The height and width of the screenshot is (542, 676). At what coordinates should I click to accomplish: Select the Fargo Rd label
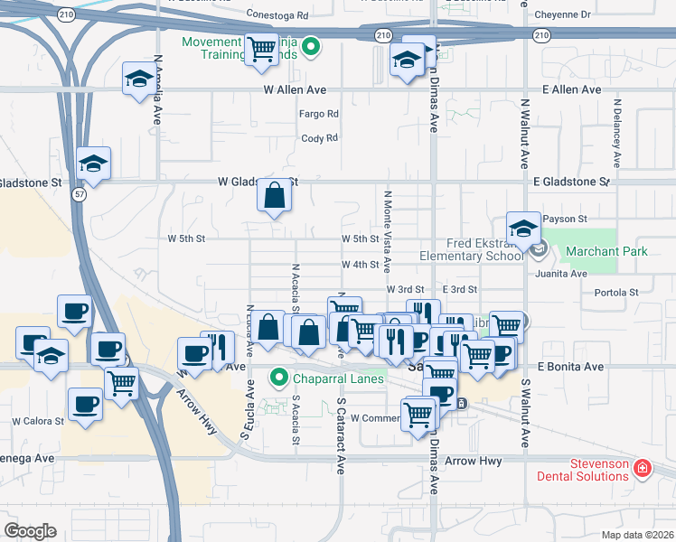point(319,115)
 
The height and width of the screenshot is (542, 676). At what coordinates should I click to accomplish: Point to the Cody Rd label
point(319,138)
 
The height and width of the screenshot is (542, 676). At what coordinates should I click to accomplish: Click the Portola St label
point(616,293)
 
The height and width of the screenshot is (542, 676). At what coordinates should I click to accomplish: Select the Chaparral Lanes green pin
point(279,378)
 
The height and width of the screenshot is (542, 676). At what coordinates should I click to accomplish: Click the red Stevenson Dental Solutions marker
point(642,469)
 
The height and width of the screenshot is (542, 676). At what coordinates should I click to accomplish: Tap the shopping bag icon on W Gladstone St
point(274,194)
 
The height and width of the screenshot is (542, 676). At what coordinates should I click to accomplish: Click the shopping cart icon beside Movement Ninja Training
point(261,47)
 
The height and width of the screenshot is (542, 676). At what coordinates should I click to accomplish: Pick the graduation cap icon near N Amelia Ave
point(139,79)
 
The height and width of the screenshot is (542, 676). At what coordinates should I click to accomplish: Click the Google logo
point(30,530)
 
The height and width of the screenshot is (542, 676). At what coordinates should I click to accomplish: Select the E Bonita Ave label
point(569,367)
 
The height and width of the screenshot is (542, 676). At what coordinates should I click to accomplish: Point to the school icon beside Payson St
point(523,229)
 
